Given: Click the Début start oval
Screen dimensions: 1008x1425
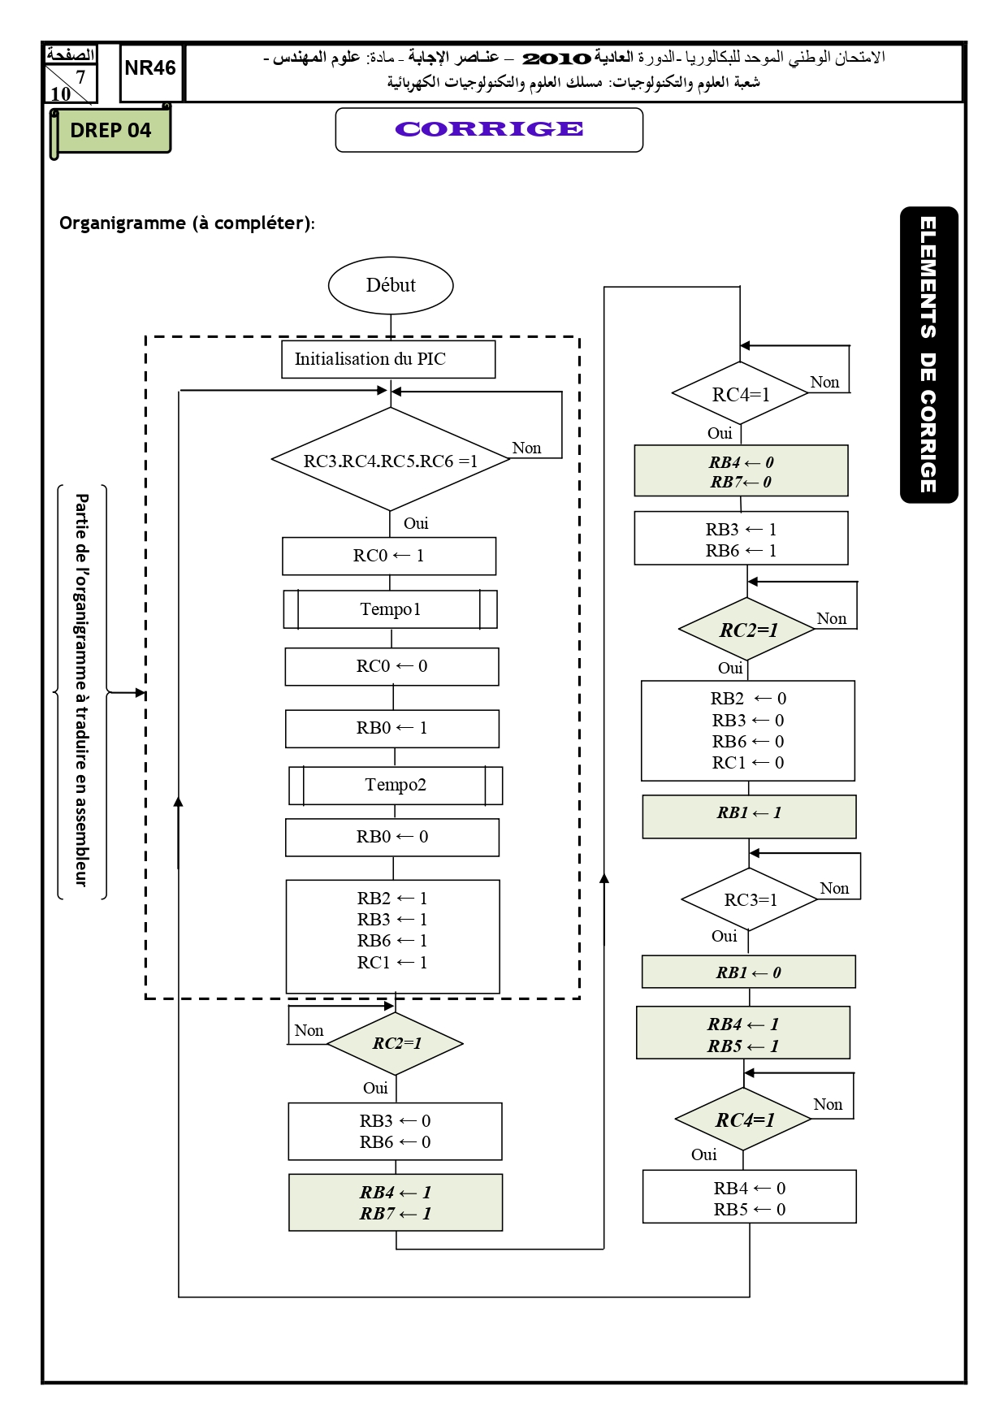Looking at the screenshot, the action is [391, 285].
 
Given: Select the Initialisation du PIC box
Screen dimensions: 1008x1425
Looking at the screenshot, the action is [388, 359].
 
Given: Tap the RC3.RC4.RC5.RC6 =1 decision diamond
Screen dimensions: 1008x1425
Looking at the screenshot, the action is [391, 459].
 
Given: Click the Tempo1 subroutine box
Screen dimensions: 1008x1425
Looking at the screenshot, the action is [390, 609].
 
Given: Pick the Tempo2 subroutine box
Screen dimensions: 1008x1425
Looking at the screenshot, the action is [396, 786].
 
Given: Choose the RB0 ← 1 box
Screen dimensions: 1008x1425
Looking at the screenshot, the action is [392, 729].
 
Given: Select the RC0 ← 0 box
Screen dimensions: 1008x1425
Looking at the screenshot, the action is [392, 667].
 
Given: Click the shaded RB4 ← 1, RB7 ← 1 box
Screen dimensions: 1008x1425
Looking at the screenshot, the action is [396, 1202].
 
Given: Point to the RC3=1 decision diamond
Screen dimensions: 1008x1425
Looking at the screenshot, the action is [750, 899].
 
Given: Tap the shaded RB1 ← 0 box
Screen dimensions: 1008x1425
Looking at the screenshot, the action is [749, 972].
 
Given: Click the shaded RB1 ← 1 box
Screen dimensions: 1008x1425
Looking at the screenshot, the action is [749, 816].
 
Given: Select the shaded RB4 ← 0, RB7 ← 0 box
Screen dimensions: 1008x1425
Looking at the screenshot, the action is [741, 470].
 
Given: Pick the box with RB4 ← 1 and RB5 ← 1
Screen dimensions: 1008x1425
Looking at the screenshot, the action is [743, 1033].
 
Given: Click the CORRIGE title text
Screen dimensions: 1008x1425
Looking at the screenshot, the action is [489, 129].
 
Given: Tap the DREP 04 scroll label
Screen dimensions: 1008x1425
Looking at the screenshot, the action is [110, 130].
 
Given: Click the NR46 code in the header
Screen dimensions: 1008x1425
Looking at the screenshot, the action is [150, 68].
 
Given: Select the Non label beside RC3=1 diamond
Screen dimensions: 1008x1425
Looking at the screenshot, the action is [834, 888].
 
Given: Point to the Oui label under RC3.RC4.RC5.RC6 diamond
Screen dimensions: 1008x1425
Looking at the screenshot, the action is [416, 523].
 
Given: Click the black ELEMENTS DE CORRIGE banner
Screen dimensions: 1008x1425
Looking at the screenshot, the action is [929, 355].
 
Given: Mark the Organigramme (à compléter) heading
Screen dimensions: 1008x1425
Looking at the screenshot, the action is [187, 223].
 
